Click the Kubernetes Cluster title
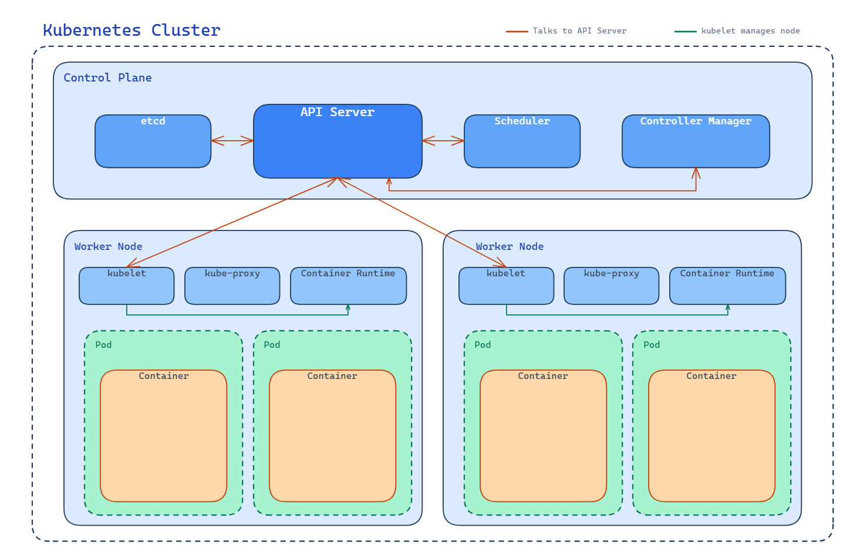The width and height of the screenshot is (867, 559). click(x=131, y=31)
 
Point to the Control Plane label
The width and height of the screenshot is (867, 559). click(x=107, y=78)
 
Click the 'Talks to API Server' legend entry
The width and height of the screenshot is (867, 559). click(x=579, y=31)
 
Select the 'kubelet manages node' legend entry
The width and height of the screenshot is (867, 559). click(x=750, y=31)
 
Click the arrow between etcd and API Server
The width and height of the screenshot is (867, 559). click(x=232, y=141)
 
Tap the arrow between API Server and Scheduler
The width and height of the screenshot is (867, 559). click(x=443, y=141)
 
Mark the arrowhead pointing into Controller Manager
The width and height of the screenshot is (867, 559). click(x=696, y=172)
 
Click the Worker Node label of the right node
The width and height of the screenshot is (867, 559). click(x=510, y=247)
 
